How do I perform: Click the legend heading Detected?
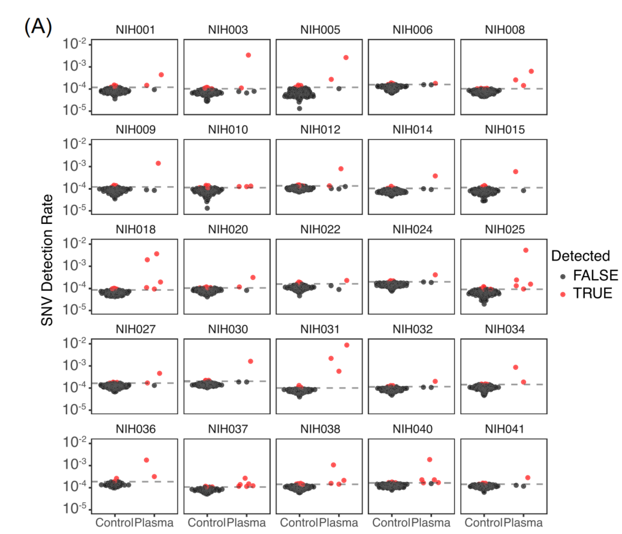[x=580, y=256]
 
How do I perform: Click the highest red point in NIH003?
[x=248, y=55]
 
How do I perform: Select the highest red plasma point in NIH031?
[x=346, y=345]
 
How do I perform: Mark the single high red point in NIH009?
[x=158, y=163]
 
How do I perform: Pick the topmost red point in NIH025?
[x=526, y=250]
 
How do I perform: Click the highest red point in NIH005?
[x=346, y=57]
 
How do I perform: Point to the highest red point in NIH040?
[x=429, y=459]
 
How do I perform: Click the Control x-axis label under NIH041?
[x=484, y=523]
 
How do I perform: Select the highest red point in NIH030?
[x=250, y=361]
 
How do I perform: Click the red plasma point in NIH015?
[x=515, y=172]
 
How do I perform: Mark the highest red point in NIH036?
[x=146, y=460]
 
